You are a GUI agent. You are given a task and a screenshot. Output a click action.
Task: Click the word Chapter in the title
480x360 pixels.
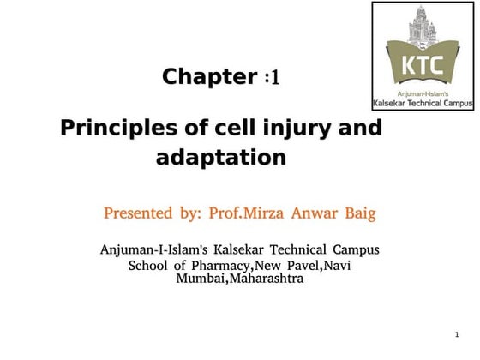pos(209,77)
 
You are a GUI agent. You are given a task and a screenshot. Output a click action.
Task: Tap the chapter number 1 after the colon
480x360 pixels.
pos(275,79)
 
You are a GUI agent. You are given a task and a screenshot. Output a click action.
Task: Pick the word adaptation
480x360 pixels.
pos(220,158)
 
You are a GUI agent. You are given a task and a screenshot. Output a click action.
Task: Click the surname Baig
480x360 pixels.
pos(359,213)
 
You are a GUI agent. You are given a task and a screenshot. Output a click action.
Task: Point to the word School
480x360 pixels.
pos(150,266)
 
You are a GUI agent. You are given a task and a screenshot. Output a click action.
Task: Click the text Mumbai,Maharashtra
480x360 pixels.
pos(239,279)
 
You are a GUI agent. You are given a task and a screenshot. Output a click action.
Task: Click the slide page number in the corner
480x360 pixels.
pos(457,333)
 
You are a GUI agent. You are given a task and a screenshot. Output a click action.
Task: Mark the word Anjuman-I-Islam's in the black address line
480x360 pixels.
pos(153,250)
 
